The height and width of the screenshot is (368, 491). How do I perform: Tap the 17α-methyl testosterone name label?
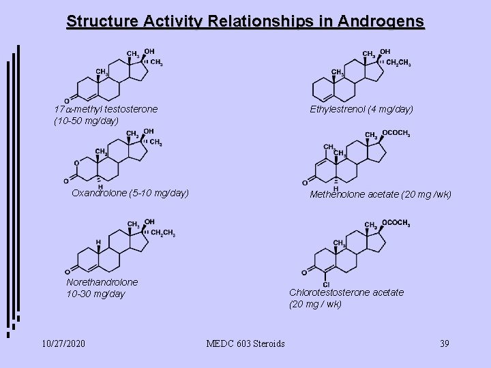[x=106, y=109]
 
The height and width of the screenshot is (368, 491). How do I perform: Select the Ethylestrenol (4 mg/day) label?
[x=361, y=109]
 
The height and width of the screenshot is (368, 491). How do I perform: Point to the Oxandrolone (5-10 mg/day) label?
[x=130, y=193]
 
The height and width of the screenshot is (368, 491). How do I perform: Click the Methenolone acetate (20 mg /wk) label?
[x=381, y=194]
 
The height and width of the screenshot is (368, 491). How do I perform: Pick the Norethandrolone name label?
[x=102, y=281]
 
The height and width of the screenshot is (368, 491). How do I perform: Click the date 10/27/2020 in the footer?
[x=63, y=343]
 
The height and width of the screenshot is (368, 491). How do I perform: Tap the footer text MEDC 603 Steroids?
[x=245, y=343]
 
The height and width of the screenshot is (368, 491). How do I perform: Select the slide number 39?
[x=444, y=343]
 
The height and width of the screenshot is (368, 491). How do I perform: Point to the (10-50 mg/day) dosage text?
[x=86, y=121]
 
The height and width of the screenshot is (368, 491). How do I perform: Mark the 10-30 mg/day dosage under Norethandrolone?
[x=96, y=294]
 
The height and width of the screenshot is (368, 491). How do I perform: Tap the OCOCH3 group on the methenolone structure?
[x=396, y=134]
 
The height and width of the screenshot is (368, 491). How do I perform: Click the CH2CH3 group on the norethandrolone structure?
[x=163, y=234]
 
